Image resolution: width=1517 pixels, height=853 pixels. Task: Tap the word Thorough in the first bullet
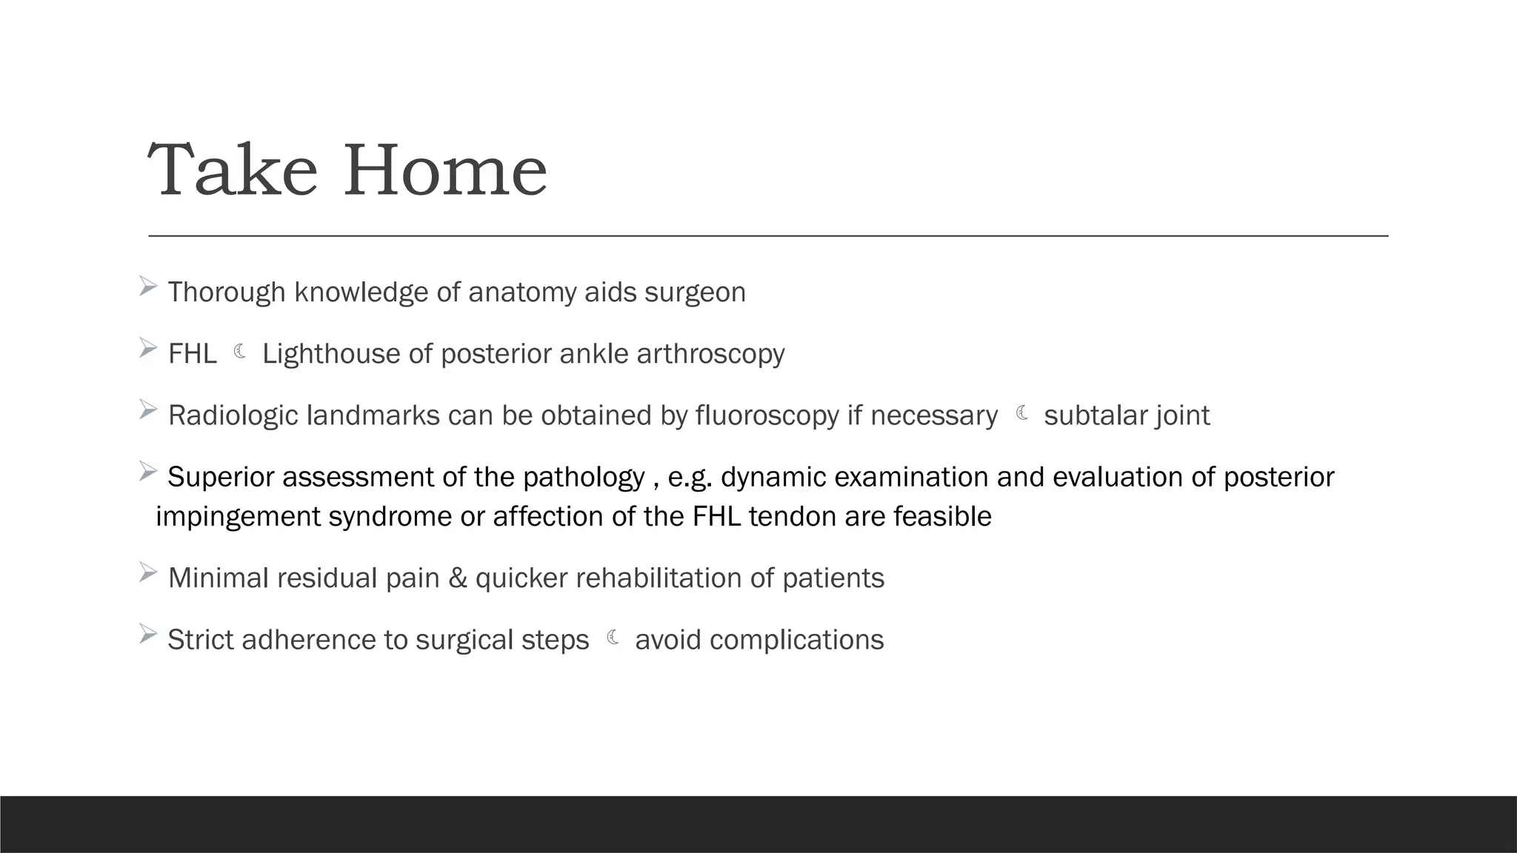(226, 292)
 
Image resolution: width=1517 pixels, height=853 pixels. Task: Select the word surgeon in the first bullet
(695, 292)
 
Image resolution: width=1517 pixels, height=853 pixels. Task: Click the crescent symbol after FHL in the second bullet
(240, 352)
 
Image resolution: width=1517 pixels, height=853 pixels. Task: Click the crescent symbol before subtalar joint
(1023, 414)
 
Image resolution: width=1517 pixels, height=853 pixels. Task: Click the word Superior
(221, 477)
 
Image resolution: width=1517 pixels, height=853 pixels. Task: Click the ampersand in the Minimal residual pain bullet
(458, 578)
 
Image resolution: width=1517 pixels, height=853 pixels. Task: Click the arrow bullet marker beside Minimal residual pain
(148, 572)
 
